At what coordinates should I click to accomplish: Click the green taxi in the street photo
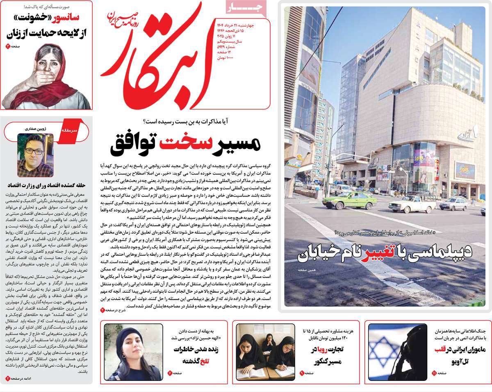coord(349,200)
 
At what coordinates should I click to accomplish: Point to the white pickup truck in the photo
coord(411,204)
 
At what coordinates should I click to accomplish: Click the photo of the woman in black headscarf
coord(133,352)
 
